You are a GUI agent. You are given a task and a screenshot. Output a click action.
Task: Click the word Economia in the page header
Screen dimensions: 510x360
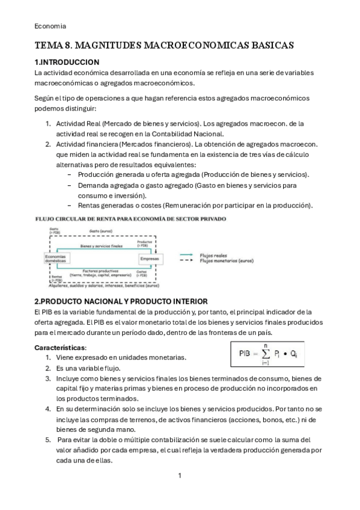click(x=50, y=26)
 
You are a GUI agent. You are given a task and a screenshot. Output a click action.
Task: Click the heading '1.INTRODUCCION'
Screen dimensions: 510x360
click(x=67, y=62)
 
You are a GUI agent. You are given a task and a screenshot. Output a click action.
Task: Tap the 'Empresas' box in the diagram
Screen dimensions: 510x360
click(x=149, y=259)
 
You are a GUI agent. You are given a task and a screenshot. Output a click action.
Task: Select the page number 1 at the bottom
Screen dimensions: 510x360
click(x=180, y=476)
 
